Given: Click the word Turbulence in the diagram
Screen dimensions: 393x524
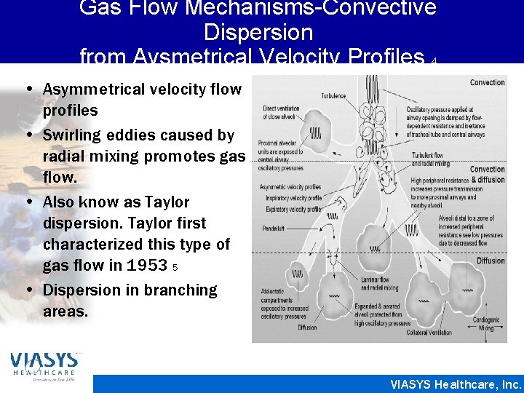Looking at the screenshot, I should coord(334,95).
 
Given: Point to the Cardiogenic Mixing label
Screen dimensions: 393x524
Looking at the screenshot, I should coord(485,324).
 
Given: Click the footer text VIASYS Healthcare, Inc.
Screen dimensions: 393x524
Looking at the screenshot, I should coord(456,384).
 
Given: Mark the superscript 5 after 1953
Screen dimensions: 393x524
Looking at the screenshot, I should coord(175,267).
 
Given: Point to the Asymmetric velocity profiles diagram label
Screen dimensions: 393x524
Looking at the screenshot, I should coord(290,187).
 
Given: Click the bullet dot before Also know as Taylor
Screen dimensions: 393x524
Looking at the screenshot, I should coord(34,202).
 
